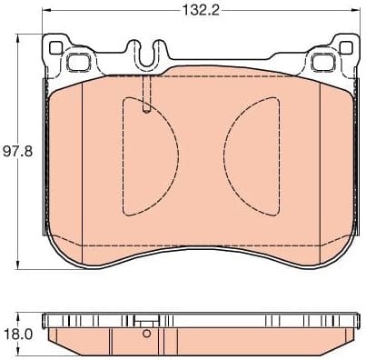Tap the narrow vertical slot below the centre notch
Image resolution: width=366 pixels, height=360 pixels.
[x=146, y=95]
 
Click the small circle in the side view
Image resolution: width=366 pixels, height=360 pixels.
[x=146, y=335]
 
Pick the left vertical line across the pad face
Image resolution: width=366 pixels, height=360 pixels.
[x=82, y=164]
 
